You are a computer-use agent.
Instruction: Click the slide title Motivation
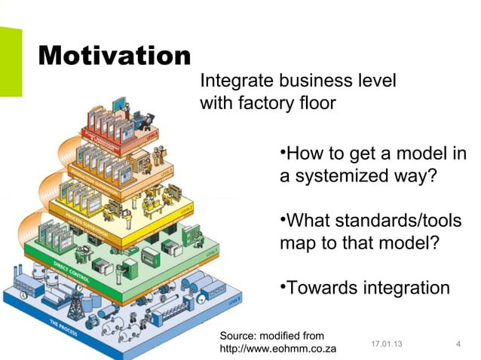(113, 56)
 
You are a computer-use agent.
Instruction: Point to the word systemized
(339, 179)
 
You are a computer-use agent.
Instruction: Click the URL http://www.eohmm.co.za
(277, 350)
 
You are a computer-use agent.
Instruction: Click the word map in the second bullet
(297, 245)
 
